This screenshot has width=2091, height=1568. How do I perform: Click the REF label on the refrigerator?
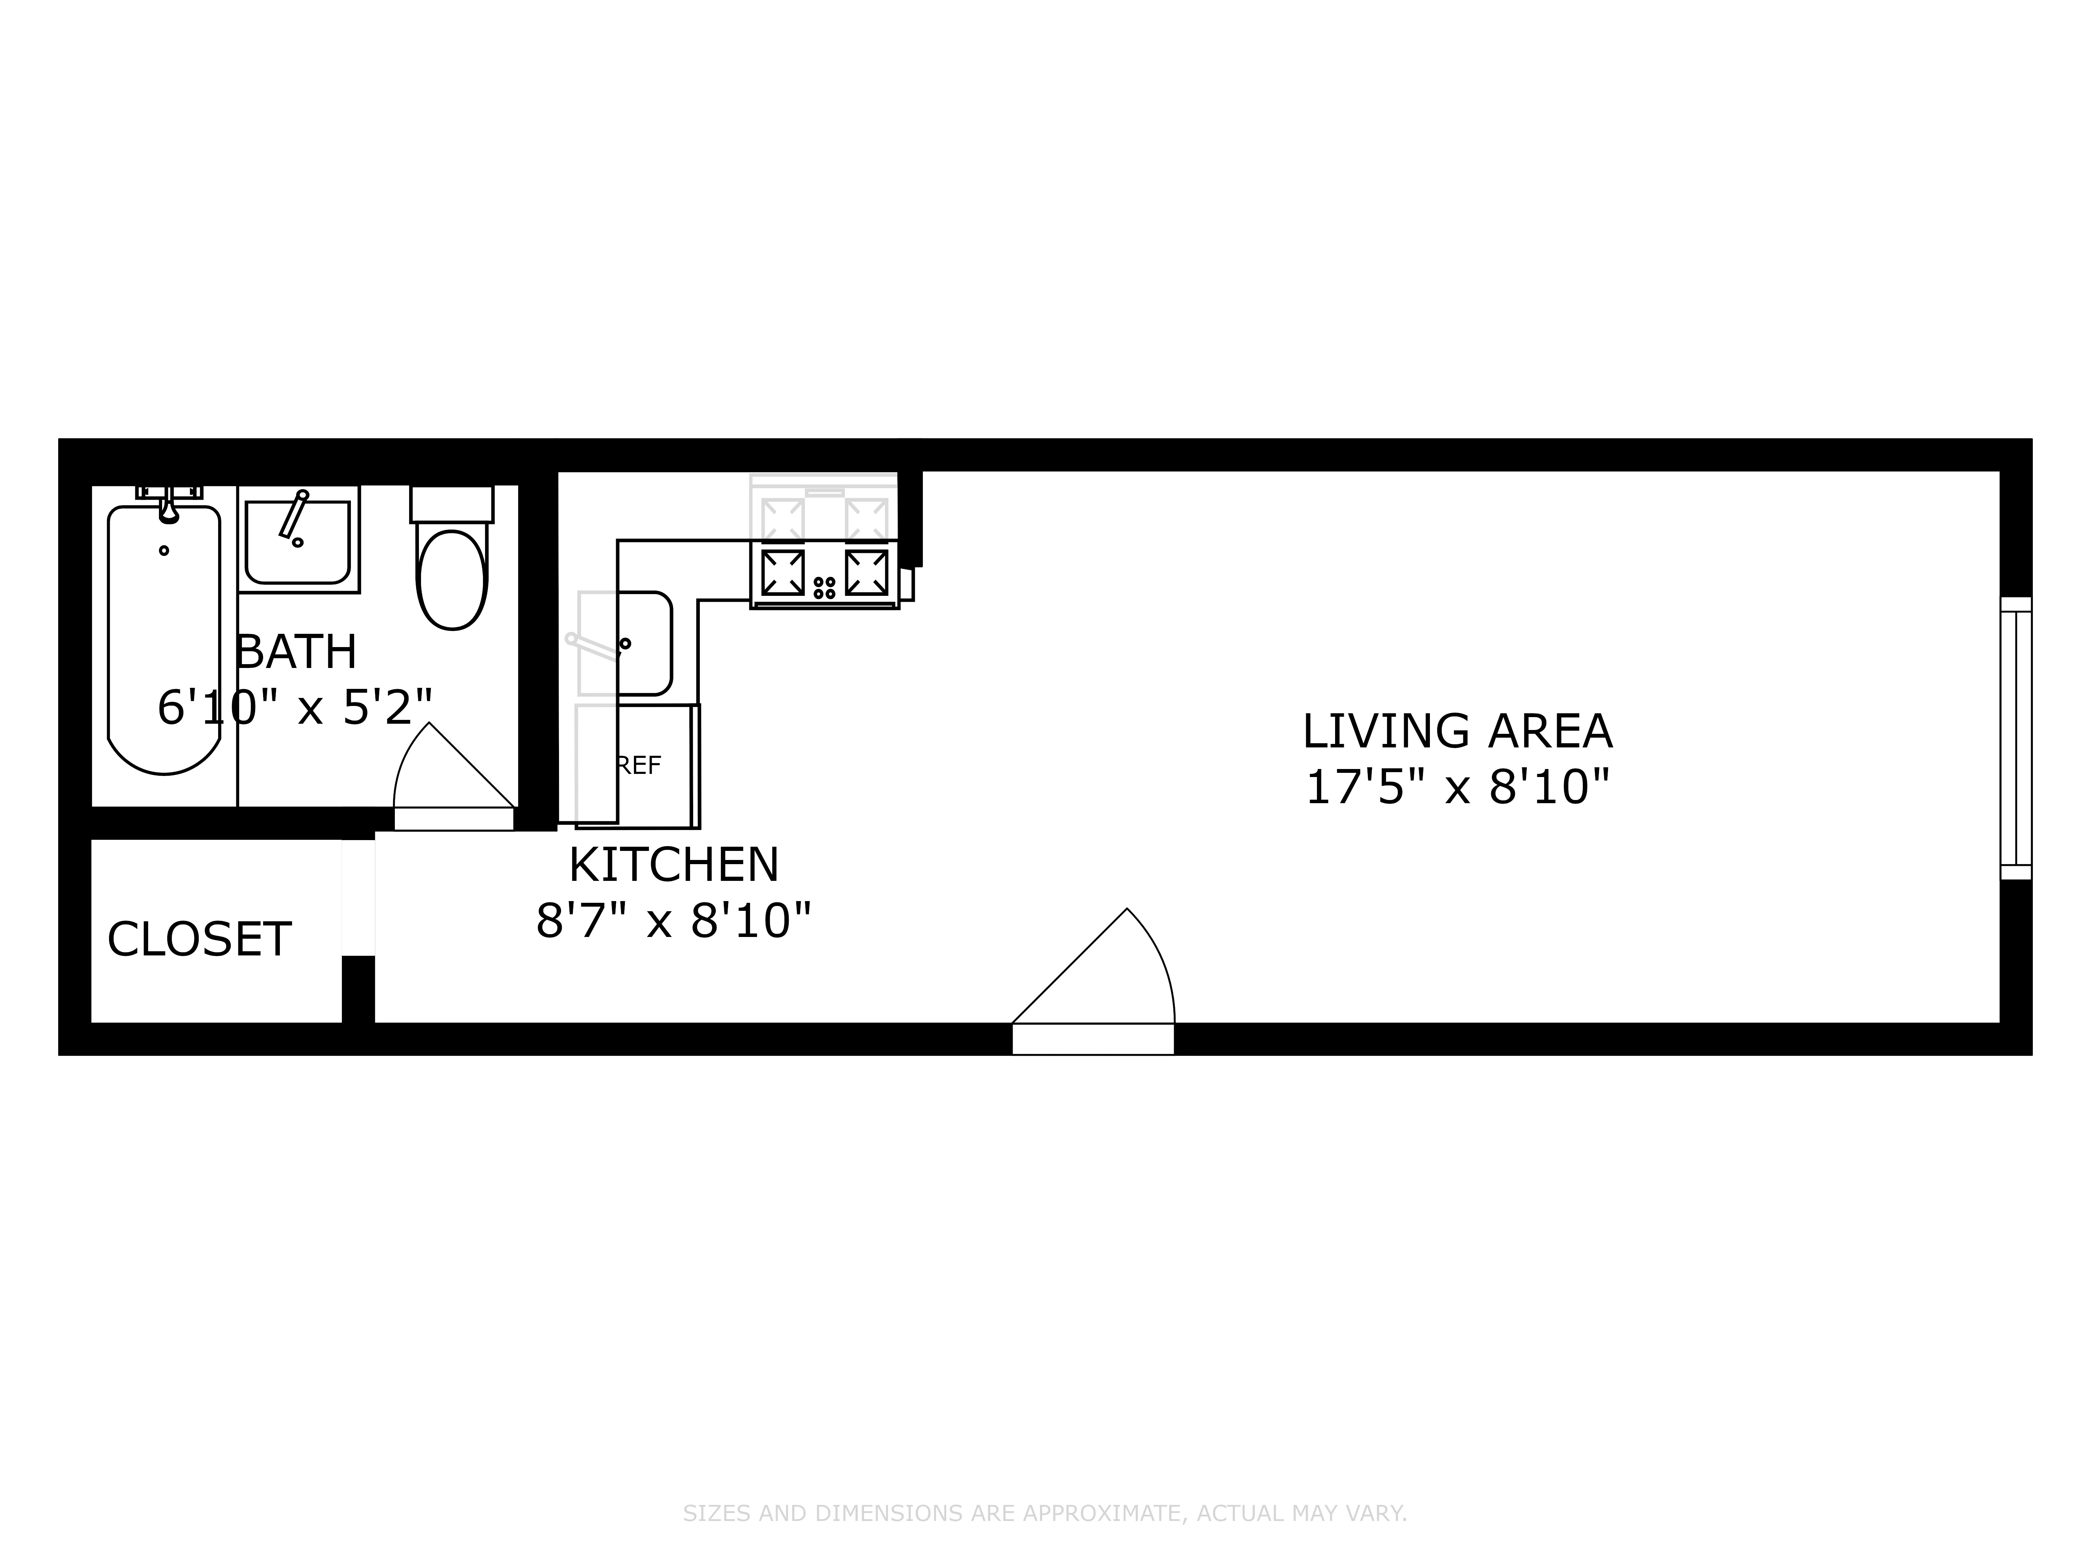639,766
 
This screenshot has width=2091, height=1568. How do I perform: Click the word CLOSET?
199,939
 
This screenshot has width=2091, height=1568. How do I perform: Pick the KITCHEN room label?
674,864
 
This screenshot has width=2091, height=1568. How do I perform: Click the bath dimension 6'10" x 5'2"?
295,707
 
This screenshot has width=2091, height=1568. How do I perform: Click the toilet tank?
452,504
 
